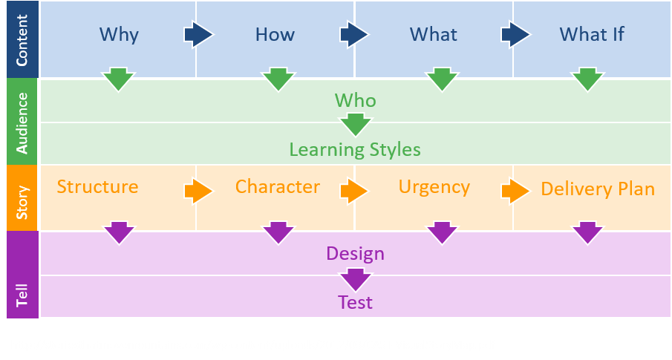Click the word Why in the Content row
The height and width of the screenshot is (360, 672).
(119, 34)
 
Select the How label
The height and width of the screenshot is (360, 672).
(275, 34)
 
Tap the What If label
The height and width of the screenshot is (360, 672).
(592, 34)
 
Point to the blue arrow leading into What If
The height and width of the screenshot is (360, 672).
(515, 34)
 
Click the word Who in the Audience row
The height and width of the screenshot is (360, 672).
(356, 100)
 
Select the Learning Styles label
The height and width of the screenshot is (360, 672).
(355, 150)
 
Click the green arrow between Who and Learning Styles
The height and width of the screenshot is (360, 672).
(356, 124)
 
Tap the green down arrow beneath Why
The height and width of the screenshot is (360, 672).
(118, 79)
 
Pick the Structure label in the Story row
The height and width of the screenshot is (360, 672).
(97, 186)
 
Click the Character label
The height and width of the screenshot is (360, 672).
(278, 186)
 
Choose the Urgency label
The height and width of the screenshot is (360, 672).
(434, 186)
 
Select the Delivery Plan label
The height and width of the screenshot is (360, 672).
(598, 189)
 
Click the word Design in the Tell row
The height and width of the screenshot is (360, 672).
(355, 254)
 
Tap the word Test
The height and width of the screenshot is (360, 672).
(355, 302)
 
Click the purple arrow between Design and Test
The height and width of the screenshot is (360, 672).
(356, 278)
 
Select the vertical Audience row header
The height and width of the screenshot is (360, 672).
(22, 122)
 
